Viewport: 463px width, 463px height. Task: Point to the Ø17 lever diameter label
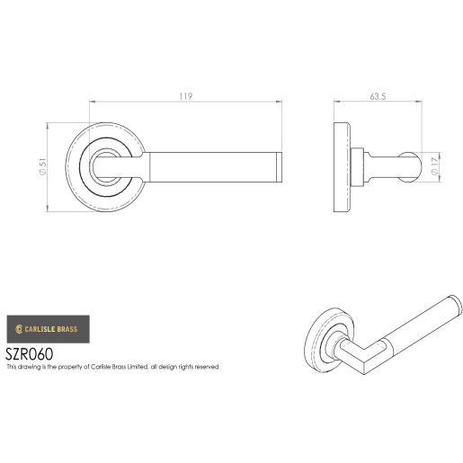tap(437, 165)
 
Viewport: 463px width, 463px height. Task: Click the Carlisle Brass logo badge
tap(43, 329)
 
